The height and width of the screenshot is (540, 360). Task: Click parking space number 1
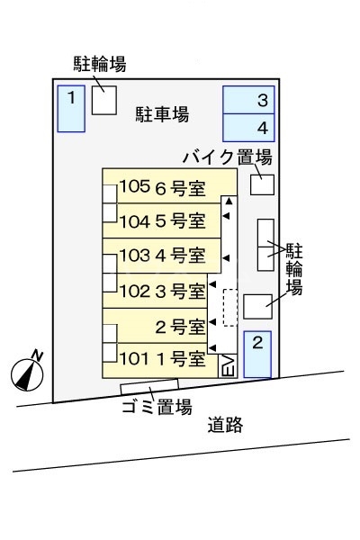click(x=70, y=107)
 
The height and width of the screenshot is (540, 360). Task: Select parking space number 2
click(x=256, y=355)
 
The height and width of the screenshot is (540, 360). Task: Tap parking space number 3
click(x=249, y=100)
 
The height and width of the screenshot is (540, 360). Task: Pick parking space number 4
click(x=249, y=127)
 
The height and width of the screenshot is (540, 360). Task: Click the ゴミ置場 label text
click(x=157, y=407)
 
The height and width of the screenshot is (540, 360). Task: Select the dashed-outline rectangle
click(x=229, y=307)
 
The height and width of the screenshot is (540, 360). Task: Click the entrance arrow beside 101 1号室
click(x=212, y=348)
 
